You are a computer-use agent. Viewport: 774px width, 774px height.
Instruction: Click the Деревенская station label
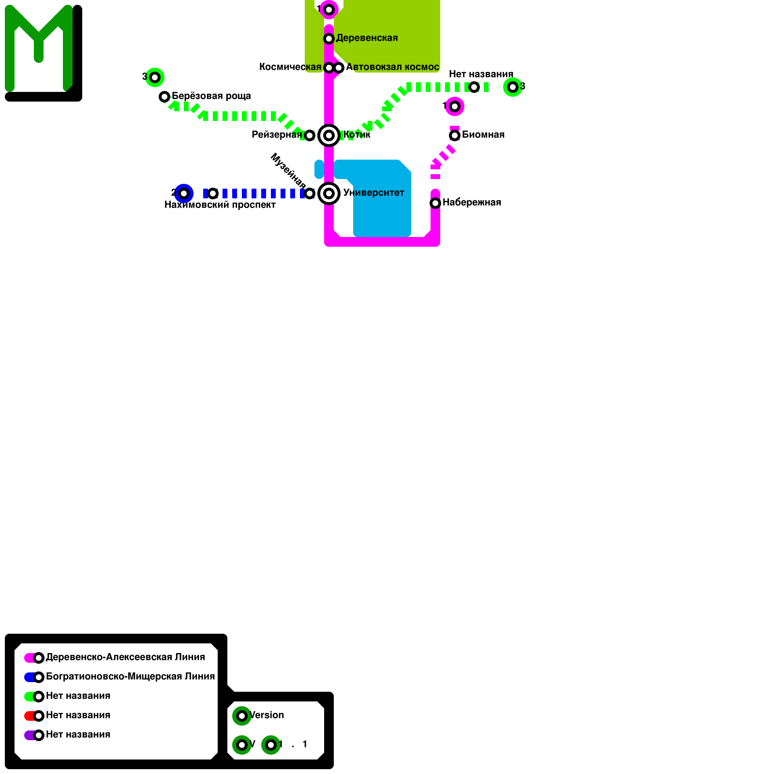pos(367,38)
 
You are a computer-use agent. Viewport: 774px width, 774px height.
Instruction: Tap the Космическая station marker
pos(328,68)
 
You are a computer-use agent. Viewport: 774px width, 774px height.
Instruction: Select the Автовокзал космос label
pos(392,67)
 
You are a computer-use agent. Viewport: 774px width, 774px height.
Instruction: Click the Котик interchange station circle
pos(329,135)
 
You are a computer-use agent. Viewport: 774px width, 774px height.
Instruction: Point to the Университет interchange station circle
pos(329,193)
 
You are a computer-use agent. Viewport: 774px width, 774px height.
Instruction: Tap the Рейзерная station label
pos(276,135)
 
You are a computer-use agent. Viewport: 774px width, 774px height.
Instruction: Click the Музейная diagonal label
pos(288,171)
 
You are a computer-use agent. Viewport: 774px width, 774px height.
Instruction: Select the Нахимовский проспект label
pos(220,205)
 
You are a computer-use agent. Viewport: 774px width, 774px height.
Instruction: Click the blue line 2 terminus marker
pos(184,193)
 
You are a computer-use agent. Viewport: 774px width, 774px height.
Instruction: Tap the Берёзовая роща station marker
pos(164,97)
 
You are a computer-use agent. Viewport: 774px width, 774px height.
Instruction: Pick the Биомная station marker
pos(455,135)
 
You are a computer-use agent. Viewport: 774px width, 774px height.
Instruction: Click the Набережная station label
pos(472,203)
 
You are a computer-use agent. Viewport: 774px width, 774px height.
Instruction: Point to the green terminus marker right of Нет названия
pos(513,87)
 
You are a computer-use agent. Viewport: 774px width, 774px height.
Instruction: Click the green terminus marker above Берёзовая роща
pos(155,77)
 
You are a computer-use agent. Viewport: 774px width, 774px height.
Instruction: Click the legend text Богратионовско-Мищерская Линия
pos(130,677)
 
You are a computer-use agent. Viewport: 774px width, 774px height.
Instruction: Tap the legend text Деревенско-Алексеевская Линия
pos(125,657)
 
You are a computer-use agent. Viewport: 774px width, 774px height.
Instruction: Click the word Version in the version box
pos(267,715)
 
